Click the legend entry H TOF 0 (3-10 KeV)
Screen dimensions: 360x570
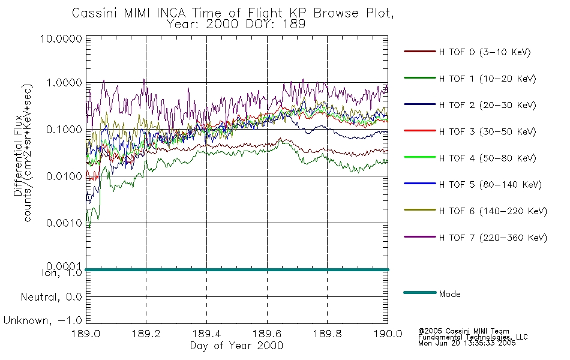pos(485,52)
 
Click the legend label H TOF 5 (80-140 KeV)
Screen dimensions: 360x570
pos(490,185)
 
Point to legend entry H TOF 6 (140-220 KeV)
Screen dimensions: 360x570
pos(493,211)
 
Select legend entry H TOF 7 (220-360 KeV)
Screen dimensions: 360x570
pos(493,238)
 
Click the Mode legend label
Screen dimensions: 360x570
pos(449,294)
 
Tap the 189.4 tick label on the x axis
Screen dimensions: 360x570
pos(207,334)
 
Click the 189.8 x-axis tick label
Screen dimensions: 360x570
pos(327,334)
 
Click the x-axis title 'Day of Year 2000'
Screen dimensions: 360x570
pos(236,346)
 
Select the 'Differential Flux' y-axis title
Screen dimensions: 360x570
pos(18,163)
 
